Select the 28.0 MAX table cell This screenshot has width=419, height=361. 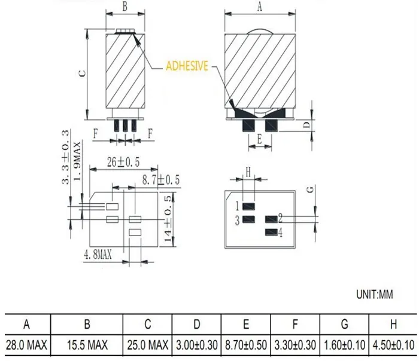click(x=26, y=345)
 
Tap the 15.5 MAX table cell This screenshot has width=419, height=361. click(x=87, y=345)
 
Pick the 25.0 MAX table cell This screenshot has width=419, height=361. click(x=147, y=345)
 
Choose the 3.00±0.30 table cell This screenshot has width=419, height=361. click(x=197, y=345)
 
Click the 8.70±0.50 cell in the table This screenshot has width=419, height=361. click(x=246, y=345)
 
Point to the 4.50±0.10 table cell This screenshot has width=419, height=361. click(x=393, y=345)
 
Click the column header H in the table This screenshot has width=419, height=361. click(x=393, y=325)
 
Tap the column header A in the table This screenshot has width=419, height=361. click(x=26, y=325)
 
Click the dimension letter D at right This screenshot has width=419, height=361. click(x=305, y=124)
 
